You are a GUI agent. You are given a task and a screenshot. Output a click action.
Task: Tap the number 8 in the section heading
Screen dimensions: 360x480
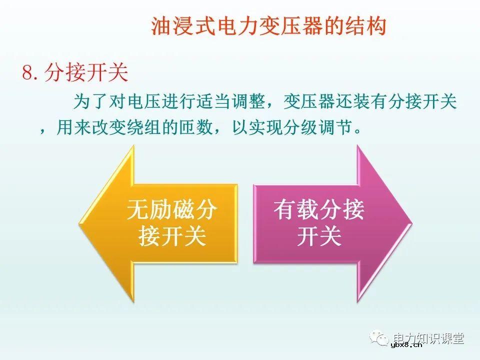coord(27,73)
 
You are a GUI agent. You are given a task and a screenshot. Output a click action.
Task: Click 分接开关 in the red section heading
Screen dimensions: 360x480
coord(86,73)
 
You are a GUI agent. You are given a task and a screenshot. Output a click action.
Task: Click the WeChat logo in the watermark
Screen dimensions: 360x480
coord(380,338)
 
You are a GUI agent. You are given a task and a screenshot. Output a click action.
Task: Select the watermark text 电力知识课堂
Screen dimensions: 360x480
coord(429,338)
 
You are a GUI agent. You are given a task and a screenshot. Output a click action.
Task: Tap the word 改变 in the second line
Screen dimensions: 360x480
coord(111,128)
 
